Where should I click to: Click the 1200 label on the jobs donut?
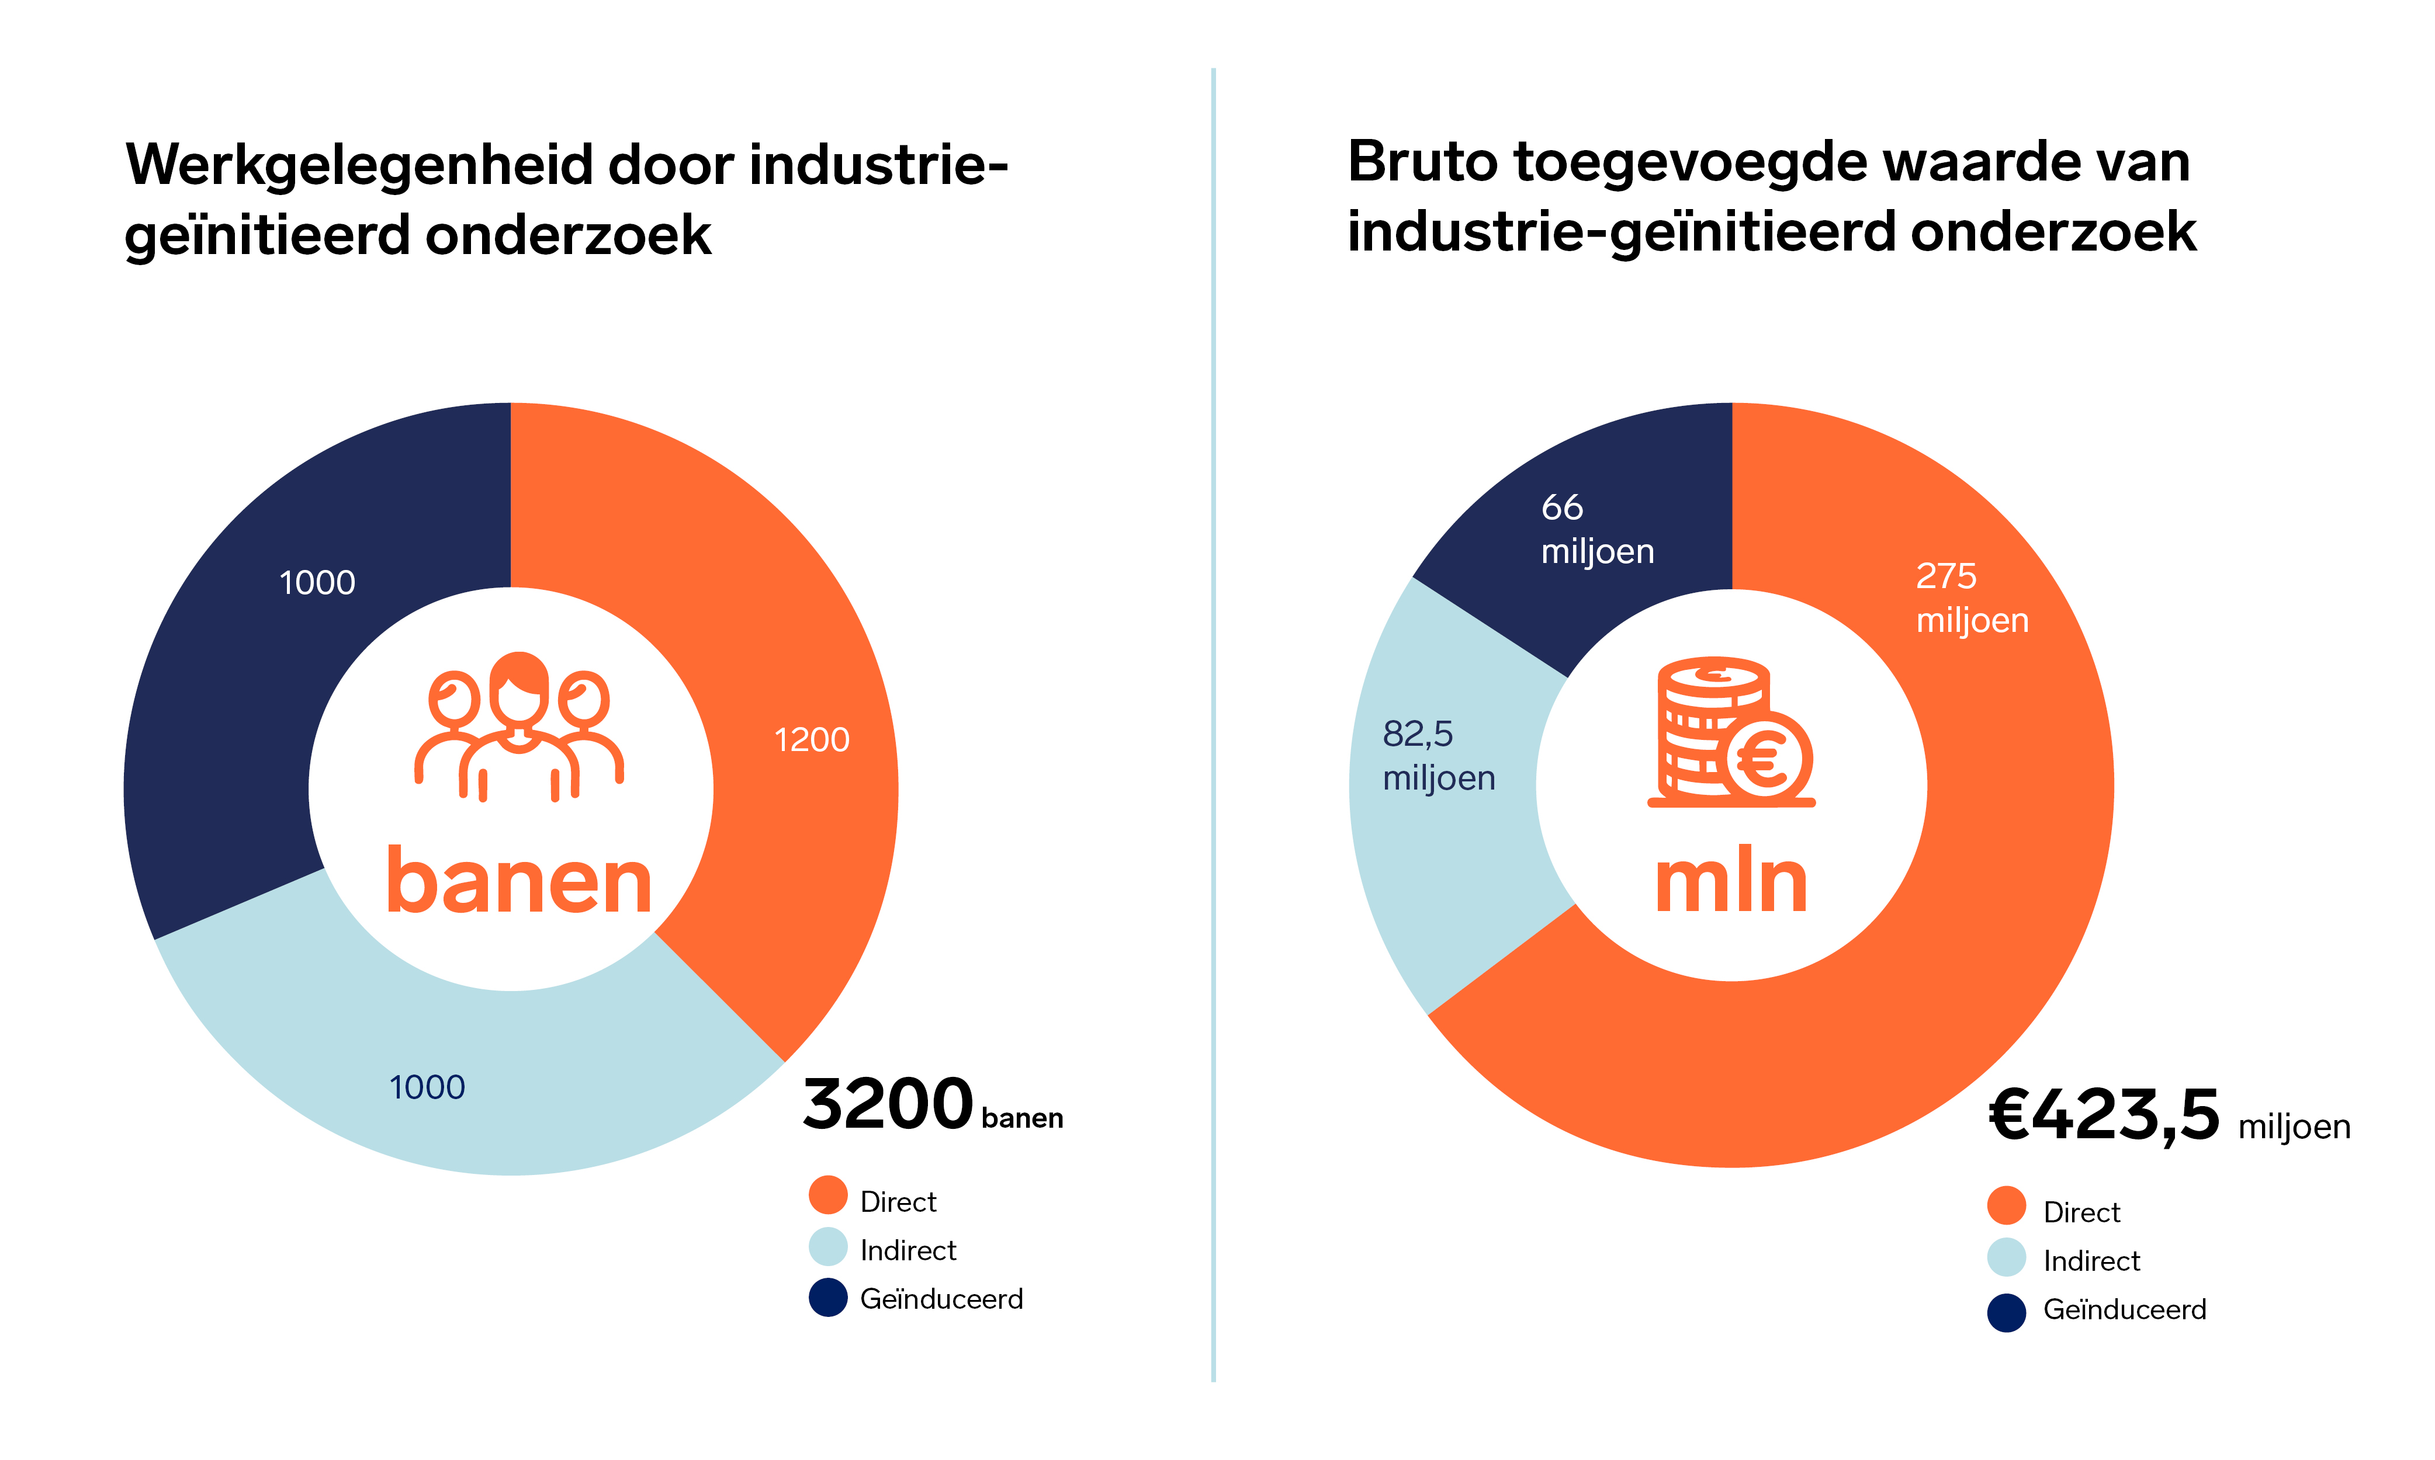(811, 740)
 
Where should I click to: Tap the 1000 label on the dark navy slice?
(317, 582)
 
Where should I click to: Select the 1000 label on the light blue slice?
(427, 1087)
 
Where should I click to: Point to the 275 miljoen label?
(1972, 598)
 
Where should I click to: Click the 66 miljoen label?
(1596, 529)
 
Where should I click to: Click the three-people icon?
(519, 726)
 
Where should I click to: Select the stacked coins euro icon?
(1732, 732)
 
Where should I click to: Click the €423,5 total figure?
(2104, 1115)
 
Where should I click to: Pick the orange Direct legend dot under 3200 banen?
(828, 1195)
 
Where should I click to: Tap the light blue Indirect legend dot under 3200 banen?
(828, 1246)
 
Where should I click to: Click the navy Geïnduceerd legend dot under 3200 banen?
(828, 1296)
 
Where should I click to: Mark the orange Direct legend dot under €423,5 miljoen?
(2006, 1206)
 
